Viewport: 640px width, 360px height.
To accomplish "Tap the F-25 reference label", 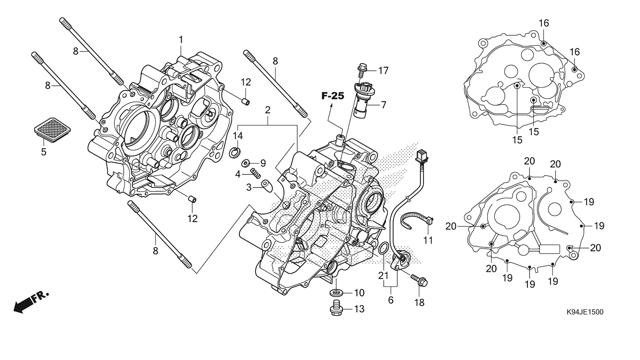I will (333, 96).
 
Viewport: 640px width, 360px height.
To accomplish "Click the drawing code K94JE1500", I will (584, 312).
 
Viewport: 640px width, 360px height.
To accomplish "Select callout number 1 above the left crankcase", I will (181, 40).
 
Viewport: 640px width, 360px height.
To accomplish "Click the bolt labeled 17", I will (362, 70).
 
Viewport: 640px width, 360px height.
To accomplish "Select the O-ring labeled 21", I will (382, 247).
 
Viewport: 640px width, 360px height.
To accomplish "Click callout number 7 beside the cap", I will (383, 105).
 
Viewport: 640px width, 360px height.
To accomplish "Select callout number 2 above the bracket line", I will (268, 111).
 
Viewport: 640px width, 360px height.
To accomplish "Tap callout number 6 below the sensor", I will (391, 300).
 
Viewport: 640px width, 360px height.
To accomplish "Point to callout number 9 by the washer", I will (263, 163).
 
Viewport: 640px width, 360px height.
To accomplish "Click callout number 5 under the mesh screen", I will (44, 152).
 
